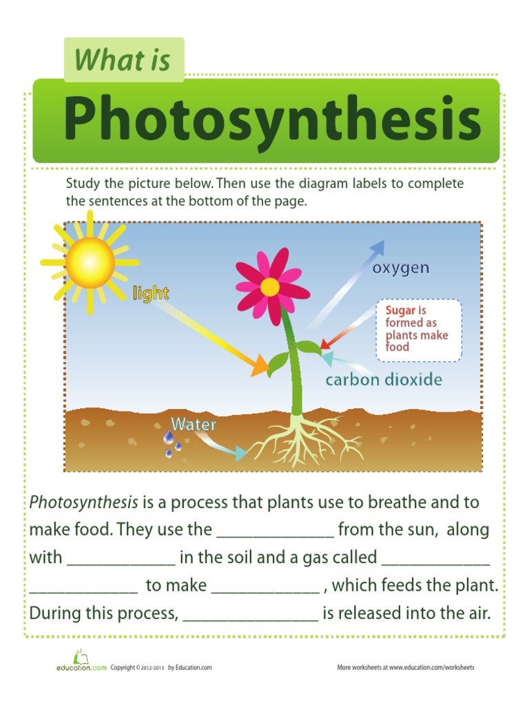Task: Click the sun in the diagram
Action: pyautogui.click(x=90, y=262)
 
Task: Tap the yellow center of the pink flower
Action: pyautogui.click(x=270, y=287)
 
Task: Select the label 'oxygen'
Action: pyautogui.click(x=401, y=268)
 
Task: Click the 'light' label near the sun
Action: pyautogui.click(x=150, y=293)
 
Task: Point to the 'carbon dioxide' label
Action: pyautogui.click(x=384, y=379)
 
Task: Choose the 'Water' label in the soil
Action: pyautogui.click(x=194, y=424)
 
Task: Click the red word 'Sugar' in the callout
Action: pyautogui.click(x=400, y=311)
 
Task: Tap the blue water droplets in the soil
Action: pyautogui.click(x=171, y=443)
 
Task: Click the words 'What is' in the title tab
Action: pyautogui.click(x=123, y=60)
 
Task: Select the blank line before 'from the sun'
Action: pyautogui.click(x=276, y=532)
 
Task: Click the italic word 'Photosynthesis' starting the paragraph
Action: pyautogui.click(x=83, y=502)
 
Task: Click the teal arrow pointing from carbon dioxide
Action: pyautogui.click(x=338, y=362)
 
